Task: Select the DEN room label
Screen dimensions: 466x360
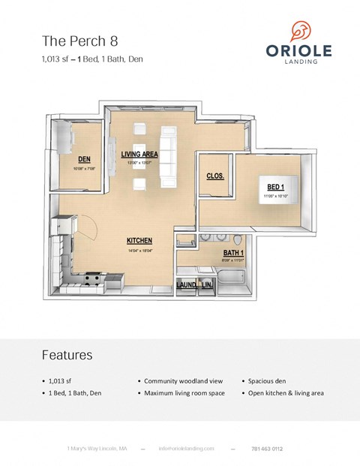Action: click(x=85, y=159)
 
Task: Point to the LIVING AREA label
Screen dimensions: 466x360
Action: click(x=139, y=154)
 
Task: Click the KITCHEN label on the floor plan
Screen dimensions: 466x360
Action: click(x=139, y=240)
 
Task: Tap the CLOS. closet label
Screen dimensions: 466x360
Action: click(x=217, y=176)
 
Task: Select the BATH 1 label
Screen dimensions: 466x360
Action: click(x=233, y=254)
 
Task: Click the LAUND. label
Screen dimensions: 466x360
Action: click(x=187, y=286)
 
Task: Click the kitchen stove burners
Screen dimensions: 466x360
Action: click(x=93, y=281)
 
